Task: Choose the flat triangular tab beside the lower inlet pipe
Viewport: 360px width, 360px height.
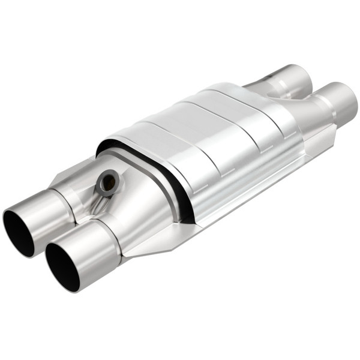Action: click(x=150, y=246)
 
